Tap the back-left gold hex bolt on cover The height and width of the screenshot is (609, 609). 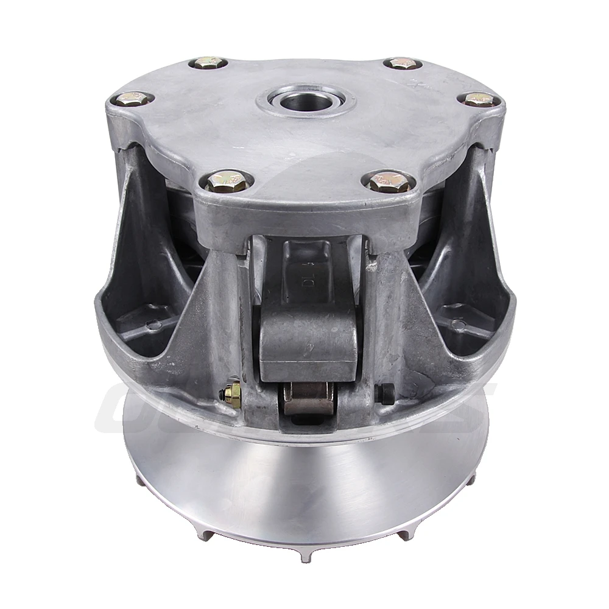pyautogui.click(x=208, y=63)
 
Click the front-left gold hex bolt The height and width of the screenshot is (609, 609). pyautogui.click(x=226, y=180)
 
